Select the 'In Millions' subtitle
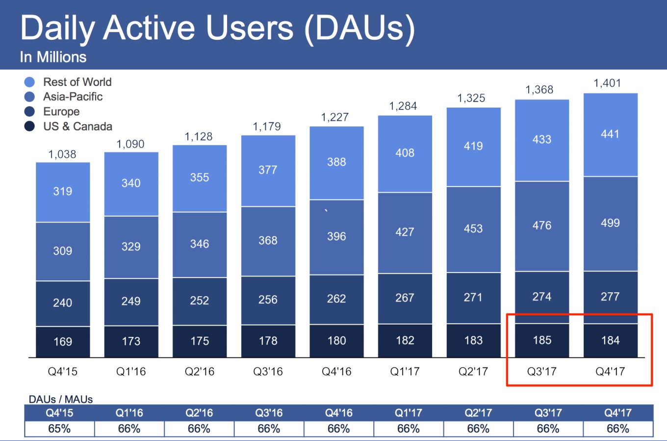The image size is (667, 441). point(53,57)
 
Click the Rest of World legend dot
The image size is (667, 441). point(29,82)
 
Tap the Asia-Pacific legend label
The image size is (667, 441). point(73,97)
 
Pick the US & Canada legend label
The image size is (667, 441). point(77,126)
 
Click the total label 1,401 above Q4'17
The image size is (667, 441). point(607,83)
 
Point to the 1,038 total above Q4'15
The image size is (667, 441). point(62,154)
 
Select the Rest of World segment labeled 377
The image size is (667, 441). point(268,170)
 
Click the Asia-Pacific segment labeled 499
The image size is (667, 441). point(610,223)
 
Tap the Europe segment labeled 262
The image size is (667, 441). point(336,299)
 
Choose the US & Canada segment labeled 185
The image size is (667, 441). point(542,340)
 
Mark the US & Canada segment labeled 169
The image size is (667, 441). point(63,342)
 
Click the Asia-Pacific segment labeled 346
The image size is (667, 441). point(200,244)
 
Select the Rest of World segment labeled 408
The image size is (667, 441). point(405,153)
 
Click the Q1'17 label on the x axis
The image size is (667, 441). point(405,372)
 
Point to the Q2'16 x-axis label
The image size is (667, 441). point(200,372)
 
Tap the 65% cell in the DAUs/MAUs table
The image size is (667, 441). point(59,429)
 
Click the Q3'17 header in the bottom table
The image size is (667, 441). point(548,413)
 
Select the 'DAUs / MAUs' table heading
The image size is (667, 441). point(61,399)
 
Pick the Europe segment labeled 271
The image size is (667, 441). point(473,298)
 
